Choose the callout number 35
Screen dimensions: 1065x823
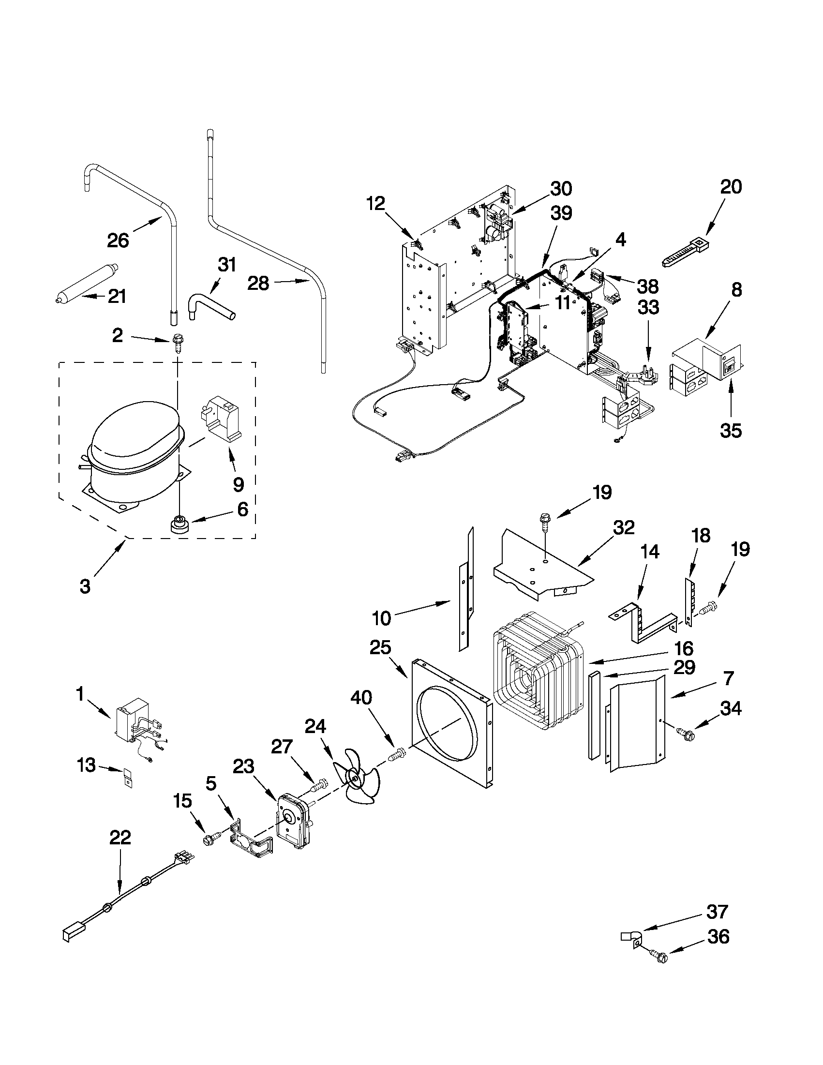(x=731, y=431)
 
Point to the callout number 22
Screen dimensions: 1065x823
(x=120, y=838)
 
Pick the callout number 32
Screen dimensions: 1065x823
(x=624, y=527)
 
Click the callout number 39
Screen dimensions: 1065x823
(x=561, y=212)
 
